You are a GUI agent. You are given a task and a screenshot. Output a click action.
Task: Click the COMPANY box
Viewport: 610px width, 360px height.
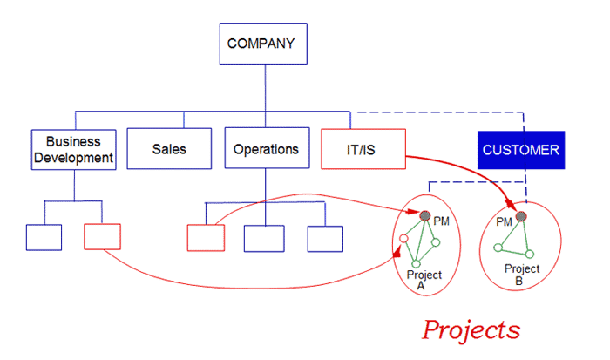click(x=263, y=44)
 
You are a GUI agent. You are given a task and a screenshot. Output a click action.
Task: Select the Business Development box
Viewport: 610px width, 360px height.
click(x=73, y=149)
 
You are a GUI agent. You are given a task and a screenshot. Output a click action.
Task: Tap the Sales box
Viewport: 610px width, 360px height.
click(x=169, y=149)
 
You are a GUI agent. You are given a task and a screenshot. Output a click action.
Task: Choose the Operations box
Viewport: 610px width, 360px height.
click(x=267, y=148)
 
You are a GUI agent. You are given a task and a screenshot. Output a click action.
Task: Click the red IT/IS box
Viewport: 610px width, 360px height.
click(x=363, y=149)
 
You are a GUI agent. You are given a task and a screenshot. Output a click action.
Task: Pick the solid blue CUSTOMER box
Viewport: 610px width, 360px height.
click(x=521, y=150)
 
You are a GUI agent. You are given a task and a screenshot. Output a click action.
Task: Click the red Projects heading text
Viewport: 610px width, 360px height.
click(x=471, y=330)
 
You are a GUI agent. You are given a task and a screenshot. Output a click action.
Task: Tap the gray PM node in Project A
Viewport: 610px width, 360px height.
click(x=425, y=215)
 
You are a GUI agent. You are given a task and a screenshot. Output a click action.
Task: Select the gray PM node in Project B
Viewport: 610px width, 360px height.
click(x=521, y=216)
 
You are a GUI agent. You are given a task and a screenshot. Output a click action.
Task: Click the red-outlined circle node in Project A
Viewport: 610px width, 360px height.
click(x=403, y=238)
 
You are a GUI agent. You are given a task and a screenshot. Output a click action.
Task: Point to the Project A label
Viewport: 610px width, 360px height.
click(x=424, y=280)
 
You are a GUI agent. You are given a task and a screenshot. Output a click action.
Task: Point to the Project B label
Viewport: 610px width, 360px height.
click(x=522, y=275)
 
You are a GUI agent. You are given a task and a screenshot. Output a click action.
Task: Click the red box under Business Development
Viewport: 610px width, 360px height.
click(x=102, y=236)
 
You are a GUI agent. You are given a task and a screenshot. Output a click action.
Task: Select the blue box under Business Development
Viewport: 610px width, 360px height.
click(x=44, y=237)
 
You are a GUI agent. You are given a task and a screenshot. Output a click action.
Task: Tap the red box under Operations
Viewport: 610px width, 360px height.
click(x=206, y=238)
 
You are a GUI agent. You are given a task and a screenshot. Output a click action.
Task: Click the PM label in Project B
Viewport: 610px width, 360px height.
click(x=504, y=221)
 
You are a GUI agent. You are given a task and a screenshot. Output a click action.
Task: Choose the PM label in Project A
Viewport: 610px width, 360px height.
click(x=442, y=221)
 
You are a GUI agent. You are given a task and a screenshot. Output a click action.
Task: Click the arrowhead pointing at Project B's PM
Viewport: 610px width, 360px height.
click(x=510, y=204)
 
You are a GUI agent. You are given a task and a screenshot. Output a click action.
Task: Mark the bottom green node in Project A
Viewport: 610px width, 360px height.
click(x=417, y=264)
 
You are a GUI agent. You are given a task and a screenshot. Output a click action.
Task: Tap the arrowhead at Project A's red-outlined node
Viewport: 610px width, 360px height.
click(x=396, y=252)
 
